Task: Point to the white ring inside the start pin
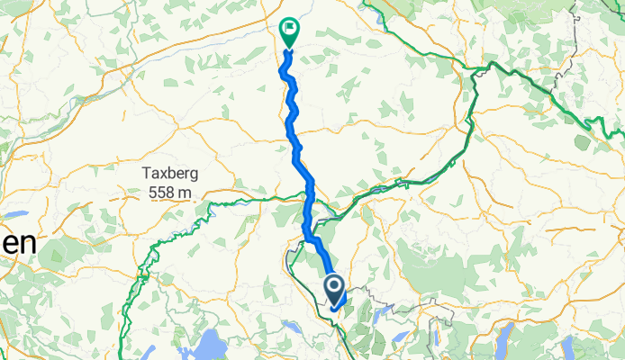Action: point(333,287)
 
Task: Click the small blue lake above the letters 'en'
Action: point(16,214)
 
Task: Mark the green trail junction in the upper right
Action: point(491,65)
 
